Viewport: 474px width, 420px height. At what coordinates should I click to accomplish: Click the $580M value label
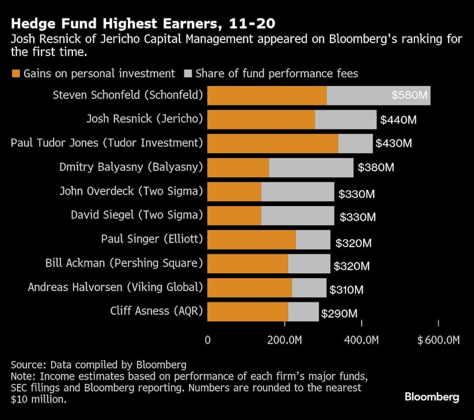(x=410, y=95)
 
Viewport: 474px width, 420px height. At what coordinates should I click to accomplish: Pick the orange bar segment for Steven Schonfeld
(x=267, y=95)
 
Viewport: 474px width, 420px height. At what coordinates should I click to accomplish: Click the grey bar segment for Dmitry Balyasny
(x=311, y=168)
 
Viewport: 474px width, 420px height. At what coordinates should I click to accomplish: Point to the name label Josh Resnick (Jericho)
(x=145, y=119)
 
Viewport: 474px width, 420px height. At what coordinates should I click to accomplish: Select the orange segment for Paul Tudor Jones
(x=273, y=143)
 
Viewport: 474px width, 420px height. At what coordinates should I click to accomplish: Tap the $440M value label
(x=398, y=120)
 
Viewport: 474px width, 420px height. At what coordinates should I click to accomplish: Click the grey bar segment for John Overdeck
(x=298, y=191)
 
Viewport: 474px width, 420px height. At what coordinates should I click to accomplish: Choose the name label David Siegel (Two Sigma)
(x=137, y=215)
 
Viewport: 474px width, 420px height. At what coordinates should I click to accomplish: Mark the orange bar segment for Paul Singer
(x=252, y=240)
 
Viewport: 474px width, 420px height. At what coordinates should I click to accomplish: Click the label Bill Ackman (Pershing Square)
(x=124, y=262)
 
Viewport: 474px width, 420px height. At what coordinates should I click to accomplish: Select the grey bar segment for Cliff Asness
(x=303, y=312)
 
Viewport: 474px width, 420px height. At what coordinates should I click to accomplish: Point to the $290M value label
(x=339, y=314)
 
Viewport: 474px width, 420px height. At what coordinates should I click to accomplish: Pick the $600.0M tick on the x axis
(x=438, y=340)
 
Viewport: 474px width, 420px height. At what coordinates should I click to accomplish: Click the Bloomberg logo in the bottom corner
(x=431, y=397)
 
